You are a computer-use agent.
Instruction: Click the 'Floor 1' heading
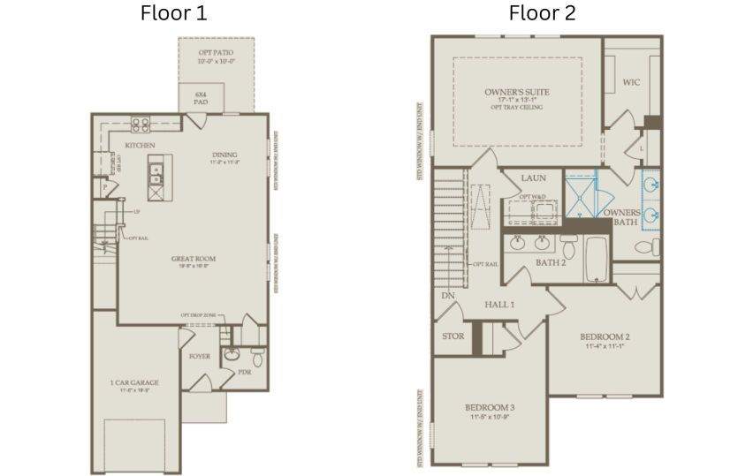click(175, 13)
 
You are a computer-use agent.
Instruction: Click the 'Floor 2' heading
click(541, 13)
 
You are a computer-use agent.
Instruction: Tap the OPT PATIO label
click(216, 54)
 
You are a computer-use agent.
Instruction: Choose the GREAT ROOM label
click(194, 259)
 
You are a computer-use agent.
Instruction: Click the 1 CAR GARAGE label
click(134, 382)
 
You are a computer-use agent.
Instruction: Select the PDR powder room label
click(245, 372)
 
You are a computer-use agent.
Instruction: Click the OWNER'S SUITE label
click(517, 92)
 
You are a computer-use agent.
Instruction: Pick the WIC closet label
click(631, 82)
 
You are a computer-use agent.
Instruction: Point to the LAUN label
click(533, 178)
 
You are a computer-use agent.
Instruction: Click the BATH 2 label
click(552, 262)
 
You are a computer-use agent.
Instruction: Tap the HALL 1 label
click(499, 303)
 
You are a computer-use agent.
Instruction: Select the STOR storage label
click(453, 336)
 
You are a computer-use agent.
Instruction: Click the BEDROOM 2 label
click(605, 336)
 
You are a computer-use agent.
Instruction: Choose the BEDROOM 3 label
click(490, 407)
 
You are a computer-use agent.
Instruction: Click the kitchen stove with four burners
click(141, 125)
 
